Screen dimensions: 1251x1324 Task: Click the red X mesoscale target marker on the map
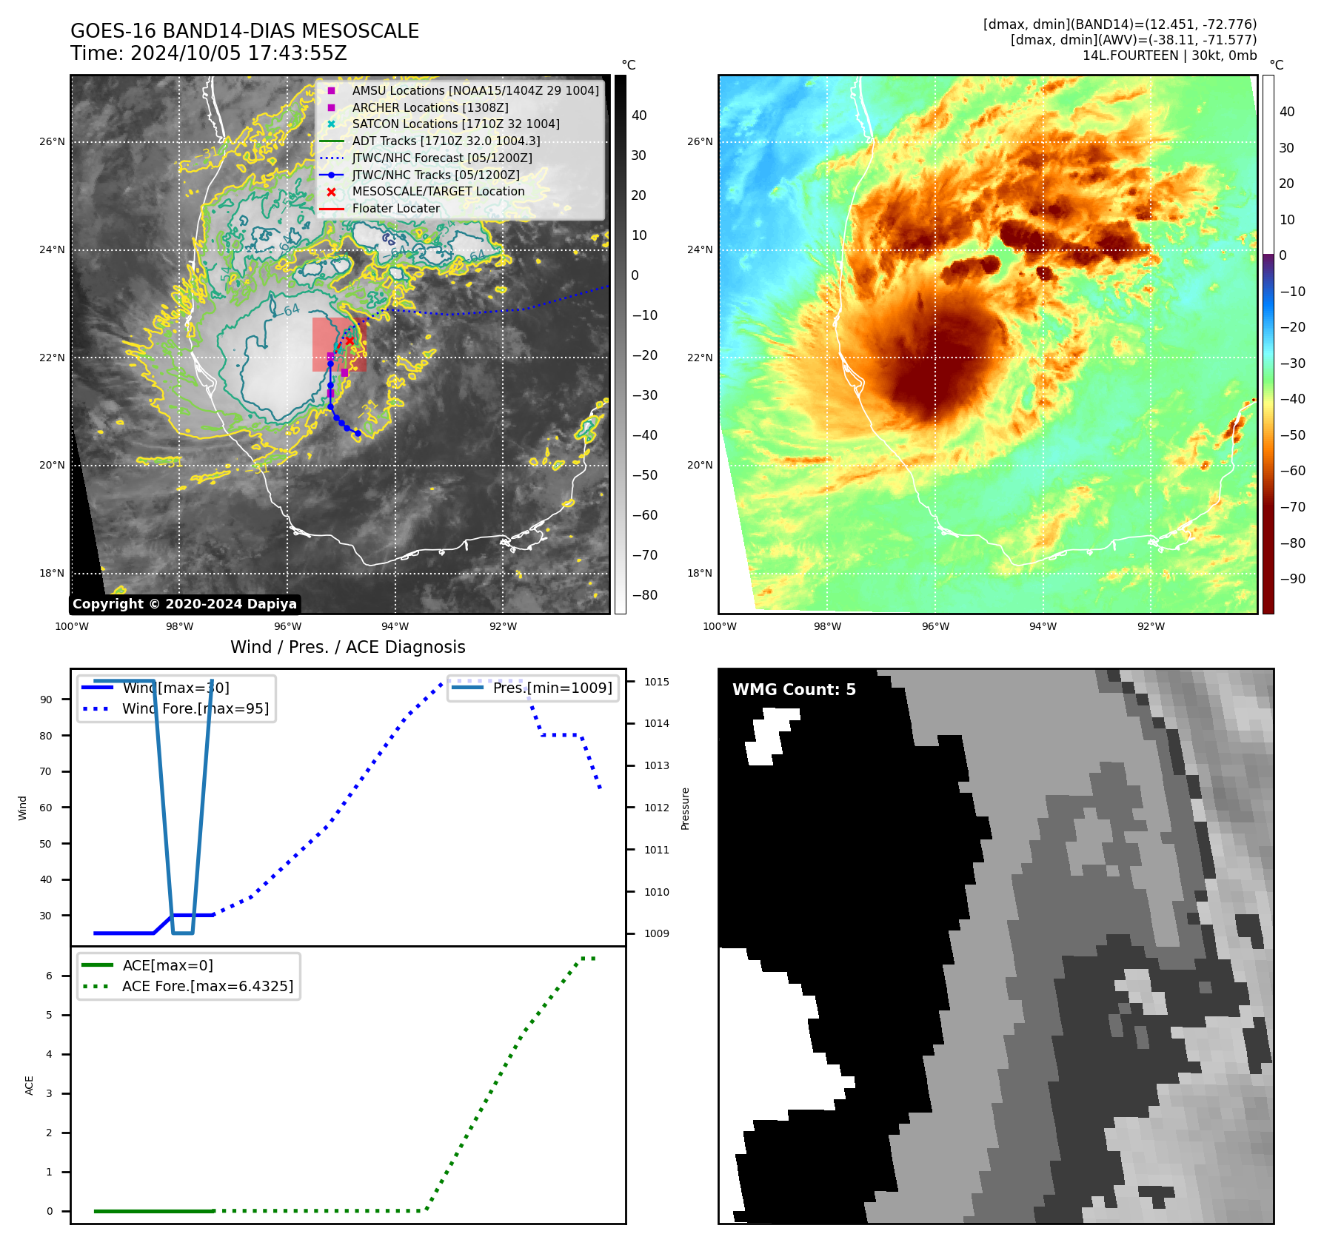(350, 341)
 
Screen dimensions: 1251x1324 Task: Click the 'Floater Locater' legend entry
(395, 209)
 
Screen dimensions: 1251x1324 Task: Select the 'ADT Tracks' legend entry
(446, 141)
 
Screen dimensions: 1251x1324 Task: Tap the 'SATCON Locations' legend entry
(455, 124)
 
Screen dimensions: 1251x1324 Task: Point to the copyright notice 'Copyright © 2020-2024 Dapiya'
(184, 604)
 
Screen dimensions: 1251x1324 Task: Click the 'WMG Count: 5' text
(794, 690)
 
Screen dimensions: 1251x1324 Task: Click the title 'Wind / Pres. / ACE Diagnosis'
(348, 647)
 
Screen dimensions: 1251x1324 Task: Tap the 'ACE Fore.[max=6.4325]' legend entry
(207, 986)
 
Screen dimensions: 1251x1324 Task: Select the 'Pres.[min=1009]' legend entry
(552, 688)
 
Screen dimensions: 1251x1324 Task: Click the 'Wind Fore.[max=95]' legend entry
(195, 708)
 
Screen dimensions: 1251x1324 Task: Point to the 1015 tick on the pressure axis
(656, 682)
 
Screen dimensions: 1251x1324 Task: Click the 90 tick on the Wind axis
(46, 700)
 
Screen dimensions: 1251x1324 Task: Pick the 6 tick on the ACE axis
(49, 976)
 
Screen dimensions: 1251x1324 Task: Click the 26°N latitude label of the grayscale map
(52, 141)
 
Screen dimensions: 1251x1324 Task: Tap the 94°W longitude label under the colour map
(1043, 626)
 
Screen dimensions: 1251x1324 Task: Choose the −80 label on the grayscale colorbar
(644, 595)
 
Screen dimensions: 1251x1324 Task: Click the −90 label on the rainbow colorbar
(1292, 579)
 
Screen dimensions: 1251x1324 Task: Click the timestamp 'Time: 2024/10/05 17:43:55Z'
(209, 53)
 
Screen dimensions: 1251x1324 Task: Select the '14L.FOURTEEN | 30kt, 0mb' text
(1169, 56)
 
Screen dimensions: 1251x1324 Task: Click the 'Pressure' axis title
(685, 808)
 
